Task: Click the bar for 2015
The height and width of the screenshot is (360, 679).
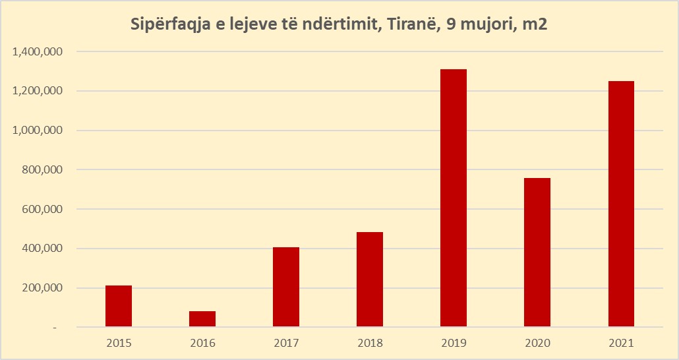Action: coord(119,306)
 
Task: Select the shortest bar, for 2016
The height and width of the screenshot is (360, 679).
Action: coord(202,319)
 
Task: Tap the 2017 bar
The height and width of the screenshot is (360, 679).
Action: coord(286,287)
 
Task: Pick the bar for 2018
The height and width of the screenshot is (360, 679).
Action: coord(370,280)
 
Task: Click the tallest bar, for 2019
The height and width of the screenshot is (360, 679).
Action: coord(454,198)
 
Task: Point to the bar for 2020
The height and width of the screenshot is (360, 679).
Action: coord(537,253)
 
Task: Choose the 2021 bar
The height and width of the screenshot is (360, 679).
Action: coord(621,204)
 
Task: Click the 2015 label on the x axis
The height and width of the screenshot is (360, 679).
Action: coord(119,344)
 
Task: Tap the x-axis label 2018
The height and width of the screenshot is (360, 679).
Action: coord(370,344)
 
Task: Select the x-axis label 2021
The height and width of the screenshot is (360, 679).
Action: coord(621,344)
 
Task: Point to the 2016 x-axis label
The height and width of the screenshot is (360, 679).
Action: coord(202,344)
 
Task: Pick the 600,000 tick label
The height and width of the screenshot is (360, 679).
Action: coord(42,210)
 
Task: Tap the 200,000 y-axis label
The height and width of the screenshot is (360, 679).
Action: coord(42,288)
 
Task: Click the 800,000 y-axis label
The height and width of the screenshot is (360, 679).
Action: coord(42,170)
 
